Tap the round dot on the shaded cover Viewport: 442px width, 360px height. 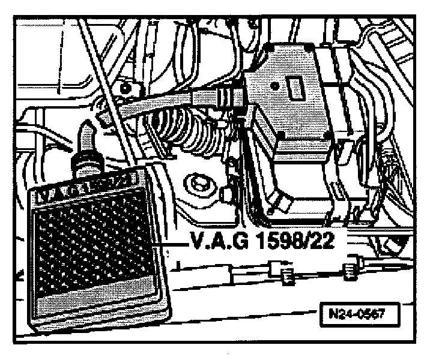(x=275, y=86)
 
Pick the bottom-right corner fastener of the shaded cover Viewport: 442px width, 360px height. (x=325, y=137)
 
